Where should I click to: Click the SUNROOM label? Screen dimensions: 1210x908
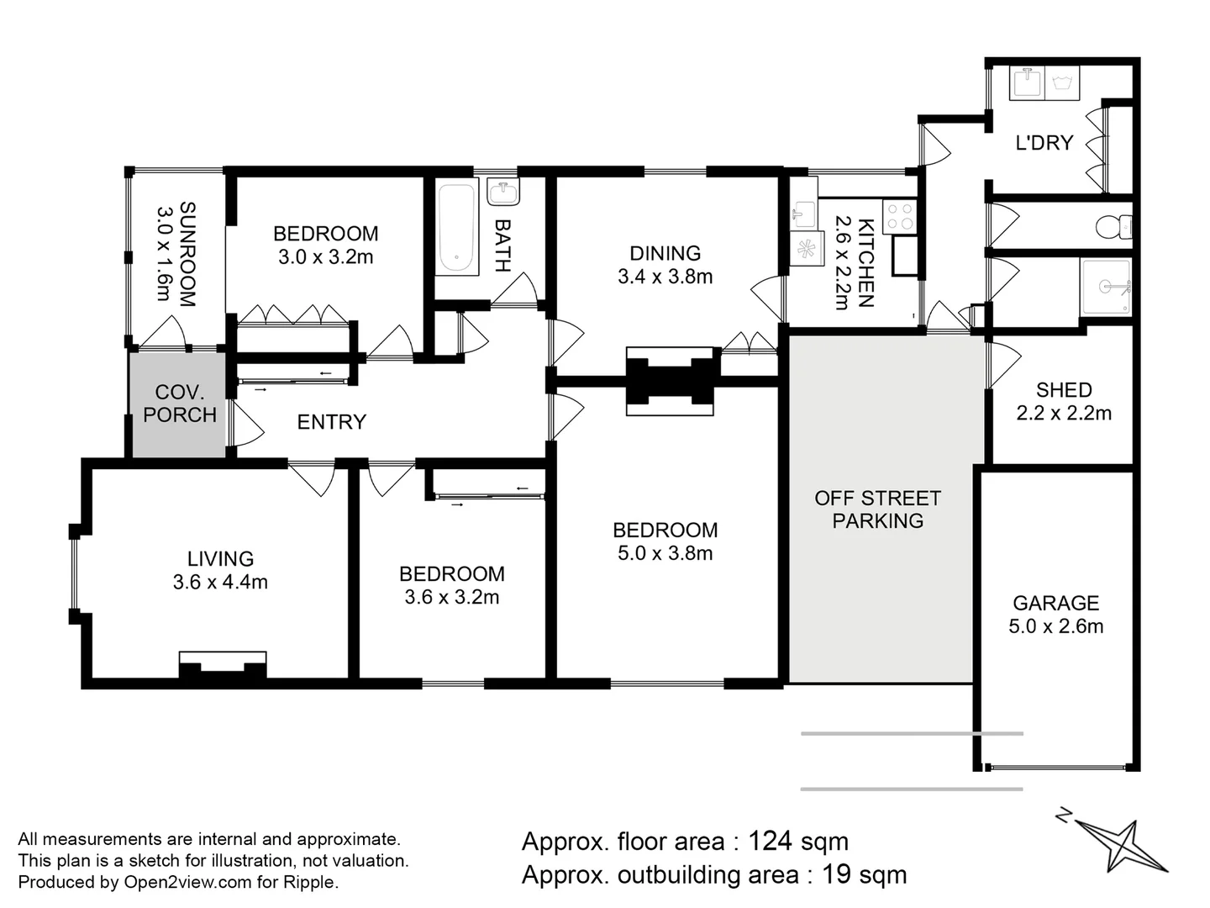[x=176, y=254]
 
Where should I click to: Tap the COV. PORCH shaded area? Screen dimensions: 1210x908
[x=179, y=404]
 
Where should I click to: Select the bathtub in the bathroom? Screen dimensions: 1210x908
[x=456, y=227]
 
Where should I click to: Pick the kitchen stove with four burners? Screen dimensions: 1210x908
[x=899, y=216]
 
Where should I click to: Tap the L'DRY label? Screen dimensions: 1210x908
[x=1044, y=143]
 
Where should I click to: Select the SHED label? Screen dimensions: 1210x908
[x=1064, y=390]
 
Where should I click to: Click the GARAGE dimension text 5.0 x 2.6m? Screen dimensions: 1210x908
[x=1055, y=626]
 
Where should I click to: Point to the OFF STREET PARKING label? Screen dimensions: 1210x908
[x=877, y=509]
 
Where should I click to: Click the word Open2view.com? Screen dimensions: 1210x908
[x=187, y=883]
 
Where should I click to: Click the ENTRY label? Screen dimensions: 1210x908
[x=331, y=422]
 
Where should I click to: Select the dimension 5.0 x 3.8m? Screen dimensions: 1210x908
[x=665, y=553]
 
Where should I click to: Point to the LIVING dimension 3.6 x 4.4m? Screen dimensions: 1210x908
[x=220, y=582]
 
